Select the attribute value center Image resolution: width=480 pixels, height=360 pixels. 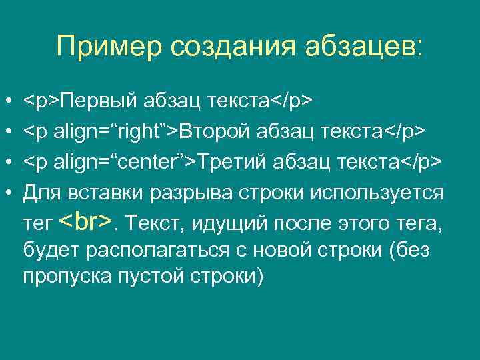pos(152,162)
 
